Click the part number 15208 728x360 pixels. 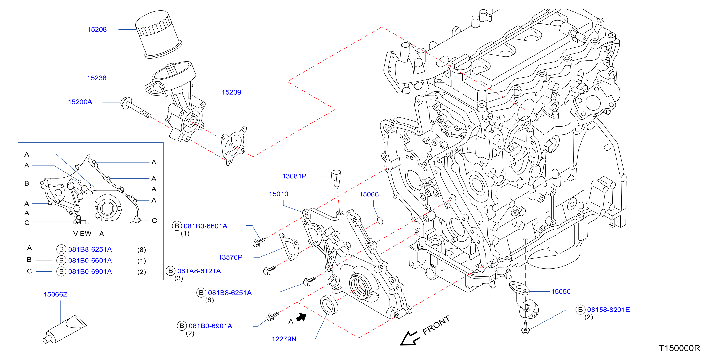pos(97,29)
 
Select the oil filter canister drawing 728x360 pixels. pos(158,34)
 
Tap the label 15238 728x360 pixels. pos(97,78)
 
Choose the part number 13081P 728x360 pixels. pos(294,176)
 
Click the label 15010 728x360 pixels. pos(278,194)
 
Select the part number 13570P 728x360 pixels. pos(230,257)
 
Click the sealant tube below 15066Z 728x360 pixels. pos(65,329)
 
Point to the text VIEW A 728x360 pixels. pos(88,234)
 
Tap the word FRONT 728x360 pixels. pos(436,325)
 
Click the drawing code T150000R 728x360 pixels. pos(679,348)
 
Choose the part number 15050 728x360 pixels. pos(561,292)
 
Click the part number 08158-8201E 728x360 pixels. pos(608,310)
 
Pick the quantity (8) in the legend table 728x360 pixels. pos(142,250)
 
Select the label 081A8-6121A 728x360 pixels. pos(199,271)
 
